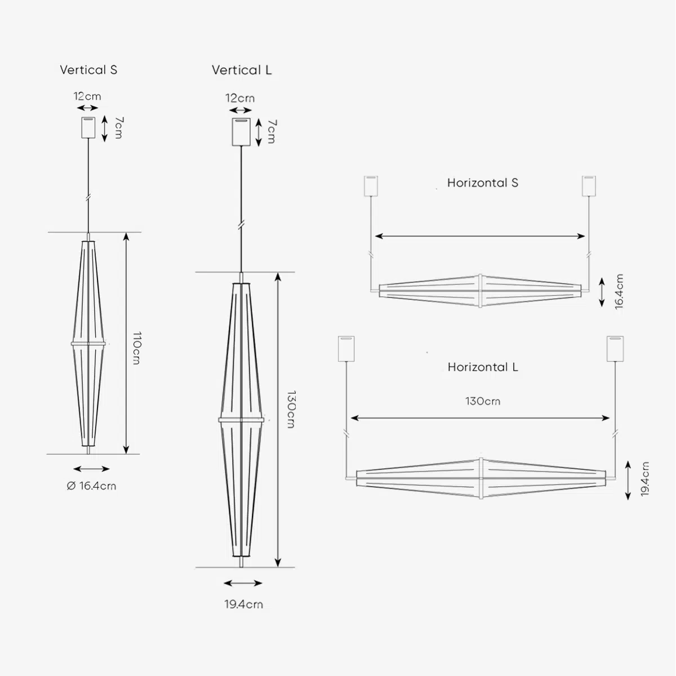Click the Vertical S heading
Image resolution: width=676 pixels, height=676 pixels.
click(88, 70)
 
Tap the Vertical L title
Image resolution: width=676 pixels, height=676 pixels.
click(242, 70)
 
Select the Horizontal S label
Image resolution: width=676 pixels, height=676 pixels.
click(483, 183)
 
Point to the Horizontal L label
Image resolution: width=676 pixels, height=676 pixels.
click(483, 367)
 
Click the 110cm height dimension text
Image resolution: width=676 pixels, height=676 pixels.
click(137, 348)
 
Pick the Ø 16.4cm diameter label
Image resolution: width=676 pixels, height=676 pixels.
click(91, 486)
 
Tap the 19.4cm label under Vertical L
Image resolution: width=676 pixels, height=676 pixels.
click(244, 604)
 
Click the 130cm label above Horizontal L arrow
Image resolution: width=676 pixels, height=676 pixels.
click(483, 401)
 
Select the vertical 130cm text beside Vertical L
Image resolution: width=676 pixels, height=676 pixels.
click(291, 410)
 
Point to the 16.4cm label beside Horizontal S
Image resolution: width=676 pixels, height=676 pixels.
click(619, 292)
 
